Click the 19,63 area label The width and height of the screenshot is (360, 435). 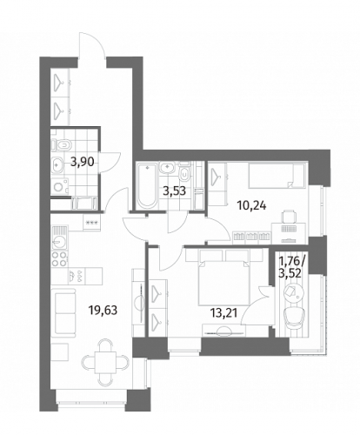coord(103,311)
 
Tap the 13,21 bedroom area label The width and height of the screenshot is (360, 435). coord(223,313)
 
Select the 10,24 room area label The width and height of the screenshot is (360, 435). coord(251,206)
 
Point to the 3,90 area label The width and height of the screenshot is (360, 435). coord(83,162)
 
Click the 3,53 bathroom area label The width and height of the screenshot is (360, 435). coord(174,191)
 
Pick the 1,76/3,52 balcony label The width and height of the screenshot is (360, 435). coord(291,267)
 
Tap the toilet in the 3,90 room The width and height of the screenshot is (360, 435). coord(61,144)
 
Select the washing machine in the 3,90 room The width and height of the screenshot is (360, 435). coord(60,186)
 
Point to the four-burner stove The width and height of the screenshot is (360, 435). coord(59,259)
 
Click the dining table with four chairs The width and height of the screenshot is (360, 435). coord(105,361)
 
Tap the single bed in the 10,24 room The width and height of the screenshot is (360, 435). coord(277,175)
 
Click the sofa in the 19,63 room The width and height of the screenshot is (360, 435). coord(63,312)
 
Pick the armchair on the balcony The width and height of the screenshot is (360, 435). coord(294,317)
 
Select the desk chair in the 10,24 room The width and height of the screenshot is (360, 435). coord(289,216)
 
